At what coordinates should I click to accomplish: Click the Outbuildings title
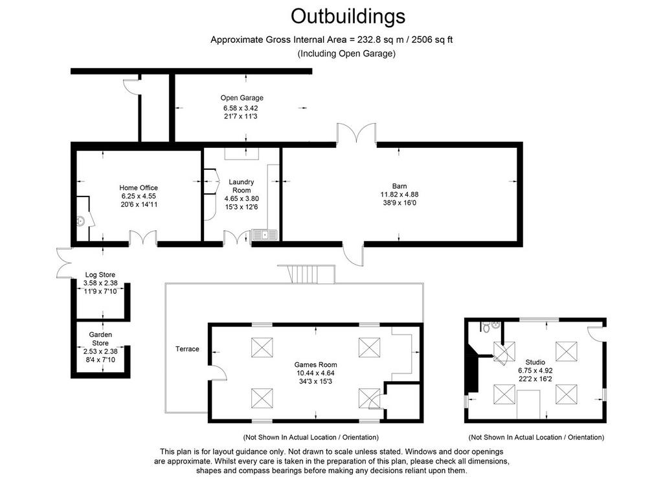pyautogui.click(x=348, y=17)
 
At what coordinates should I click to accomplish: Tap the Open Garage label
pyautogui.click(x=242, y=98)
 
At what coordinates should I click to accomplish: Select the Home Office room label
pyautogui.click(x=139, y=187)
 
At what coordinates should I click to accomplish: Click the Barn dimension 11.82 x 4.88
pyautogui.click(x=399, y=194)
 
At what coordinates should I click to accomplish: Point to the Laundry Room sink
pyautogui.click(x=264, y=235)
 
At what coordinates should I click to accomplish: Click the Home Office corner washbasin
pyautogui.click(x=81, y=221)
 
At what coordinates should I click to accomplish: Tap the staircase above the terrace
pyautogui.click(x=306, y=274)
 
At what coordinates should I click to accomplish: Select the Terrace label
pyautogui.click(x=187, y=349)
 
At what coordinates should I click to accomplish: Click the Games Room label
pyautogui.click(x=315, y=364)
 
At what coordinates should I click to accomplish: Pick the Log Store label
pyautogui.click(x=100, y=275)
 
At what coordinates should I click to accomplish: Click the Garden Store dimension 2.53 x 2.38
pyautogui.click(x=100, y=351)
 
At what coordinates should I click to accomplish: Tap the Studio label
pyautogui.click(x=535, y=362)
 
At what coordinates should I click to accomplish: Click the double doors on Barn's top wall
pyautogui.click(x=357, y=133)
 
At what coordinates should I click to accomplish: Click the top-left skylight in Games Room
pyautogui.click(x=262, y=348)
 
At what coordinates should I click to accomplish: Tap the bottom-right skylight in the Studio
pyautogui.click(x=566, y=394)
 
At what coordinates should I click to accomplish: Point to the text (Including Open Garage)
pyautogui.click(x=347, y=53)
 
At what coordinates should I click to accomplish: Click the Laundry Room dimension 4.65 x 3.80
pyautogui.click(x=242, y=198)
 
